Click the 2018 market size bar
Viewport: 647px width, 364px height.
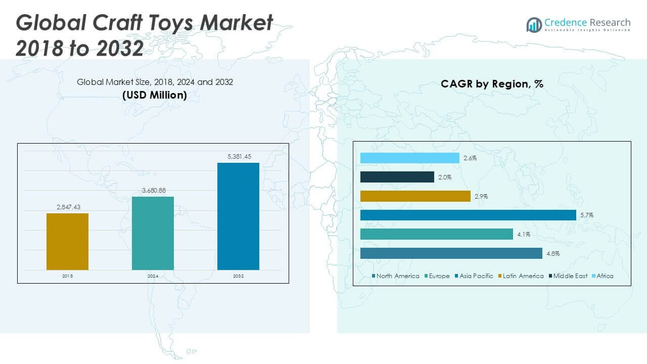pos(67,242)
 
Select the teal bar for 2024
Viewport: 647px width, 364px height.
pos(153,233)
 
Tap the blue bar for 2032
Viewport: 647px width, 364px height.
pos(238,216)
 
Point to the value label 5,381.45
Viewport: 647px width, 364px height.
pos(238,157)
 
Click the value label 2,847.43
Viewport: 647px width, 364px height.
pos(67,207)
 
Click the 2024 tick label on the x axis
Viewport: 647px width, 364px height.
pos(153,277)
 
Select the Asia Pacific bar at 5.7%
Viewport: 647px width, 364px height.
pos(468,215)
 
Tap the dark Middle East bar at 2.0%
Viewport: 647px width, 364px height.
pos(397,177)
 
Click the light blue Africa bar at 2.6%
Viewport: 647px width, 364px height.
pos(410,158)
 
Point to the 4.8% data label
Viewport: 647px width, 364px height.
pos(552,254)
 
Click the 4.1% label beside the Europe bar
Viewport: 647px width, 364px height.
pos(523,235)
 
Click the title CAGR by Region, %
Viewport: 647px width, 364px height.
pos(492,84)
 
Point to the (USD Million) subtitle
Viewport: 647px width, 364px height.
pos(155,95)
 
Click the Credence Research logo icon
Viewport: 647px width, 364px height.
pos(534,24)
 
